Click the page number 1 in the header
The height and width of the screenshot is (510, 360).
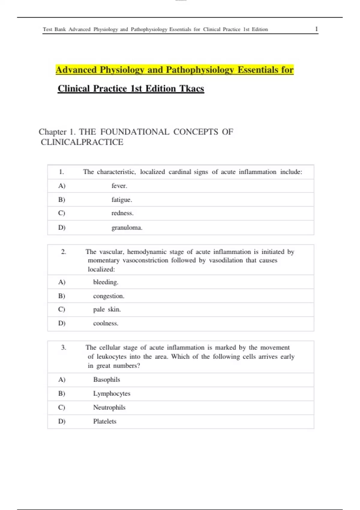[x=316, y=29]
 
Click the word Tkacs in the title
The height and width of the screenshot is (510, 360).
[x=192, y=88]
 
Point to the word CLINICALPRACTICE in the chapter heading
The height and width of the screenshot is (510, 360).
[x=82, y=142]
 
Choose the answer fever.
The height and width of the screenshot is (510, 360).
[x=119, y=186]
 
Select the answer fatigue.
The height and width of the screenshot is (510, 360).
[x=121, y=200]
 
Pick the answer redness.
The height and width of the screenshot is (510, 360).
[x=122, y=213]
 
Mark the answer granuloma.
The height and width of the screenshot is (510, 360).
[x=127, y=228]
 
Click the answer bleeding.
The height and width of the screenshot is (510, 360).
[x=106, y=282]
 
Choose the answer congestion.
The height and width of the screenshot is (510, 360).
[x=109, y=296]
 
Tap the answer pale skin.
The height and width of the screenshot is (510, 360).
[x=107, y=310]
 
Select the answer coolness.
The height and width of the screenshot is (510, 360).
[x=106, y=323]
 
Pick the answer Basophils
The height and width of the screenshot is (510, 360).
[x=106, y=380]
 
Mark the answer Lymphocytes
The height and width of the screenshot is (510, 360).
[x=112, y=394]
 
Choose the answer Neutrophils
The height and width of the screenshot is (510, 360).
[x=109, y=407]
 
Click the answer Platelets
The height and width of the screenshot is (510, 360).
[x=105, y=421]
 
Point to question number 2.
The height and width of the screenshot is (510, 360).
[x=63, y=252]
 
